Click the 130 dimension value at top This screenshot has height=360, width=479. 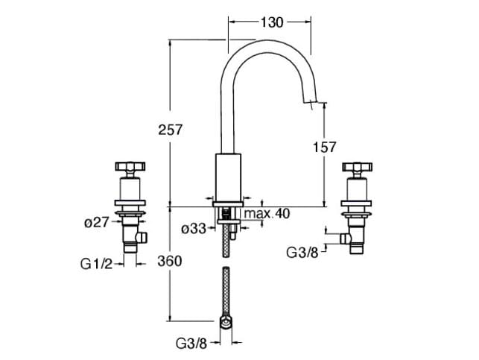pos(272,23)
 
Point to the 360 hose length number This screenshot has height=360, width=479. pos(170,262)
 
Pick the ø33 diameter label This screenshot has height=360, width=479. pos(195,230)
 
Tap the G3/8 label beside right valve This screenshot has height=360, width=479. pos(304,252)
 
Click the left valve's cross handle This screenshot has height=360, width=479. pos(130,167)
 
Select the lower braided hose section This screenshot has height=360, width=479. pos(228,291)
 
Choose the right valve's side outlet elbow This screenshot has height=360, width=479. pos(344,238)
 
